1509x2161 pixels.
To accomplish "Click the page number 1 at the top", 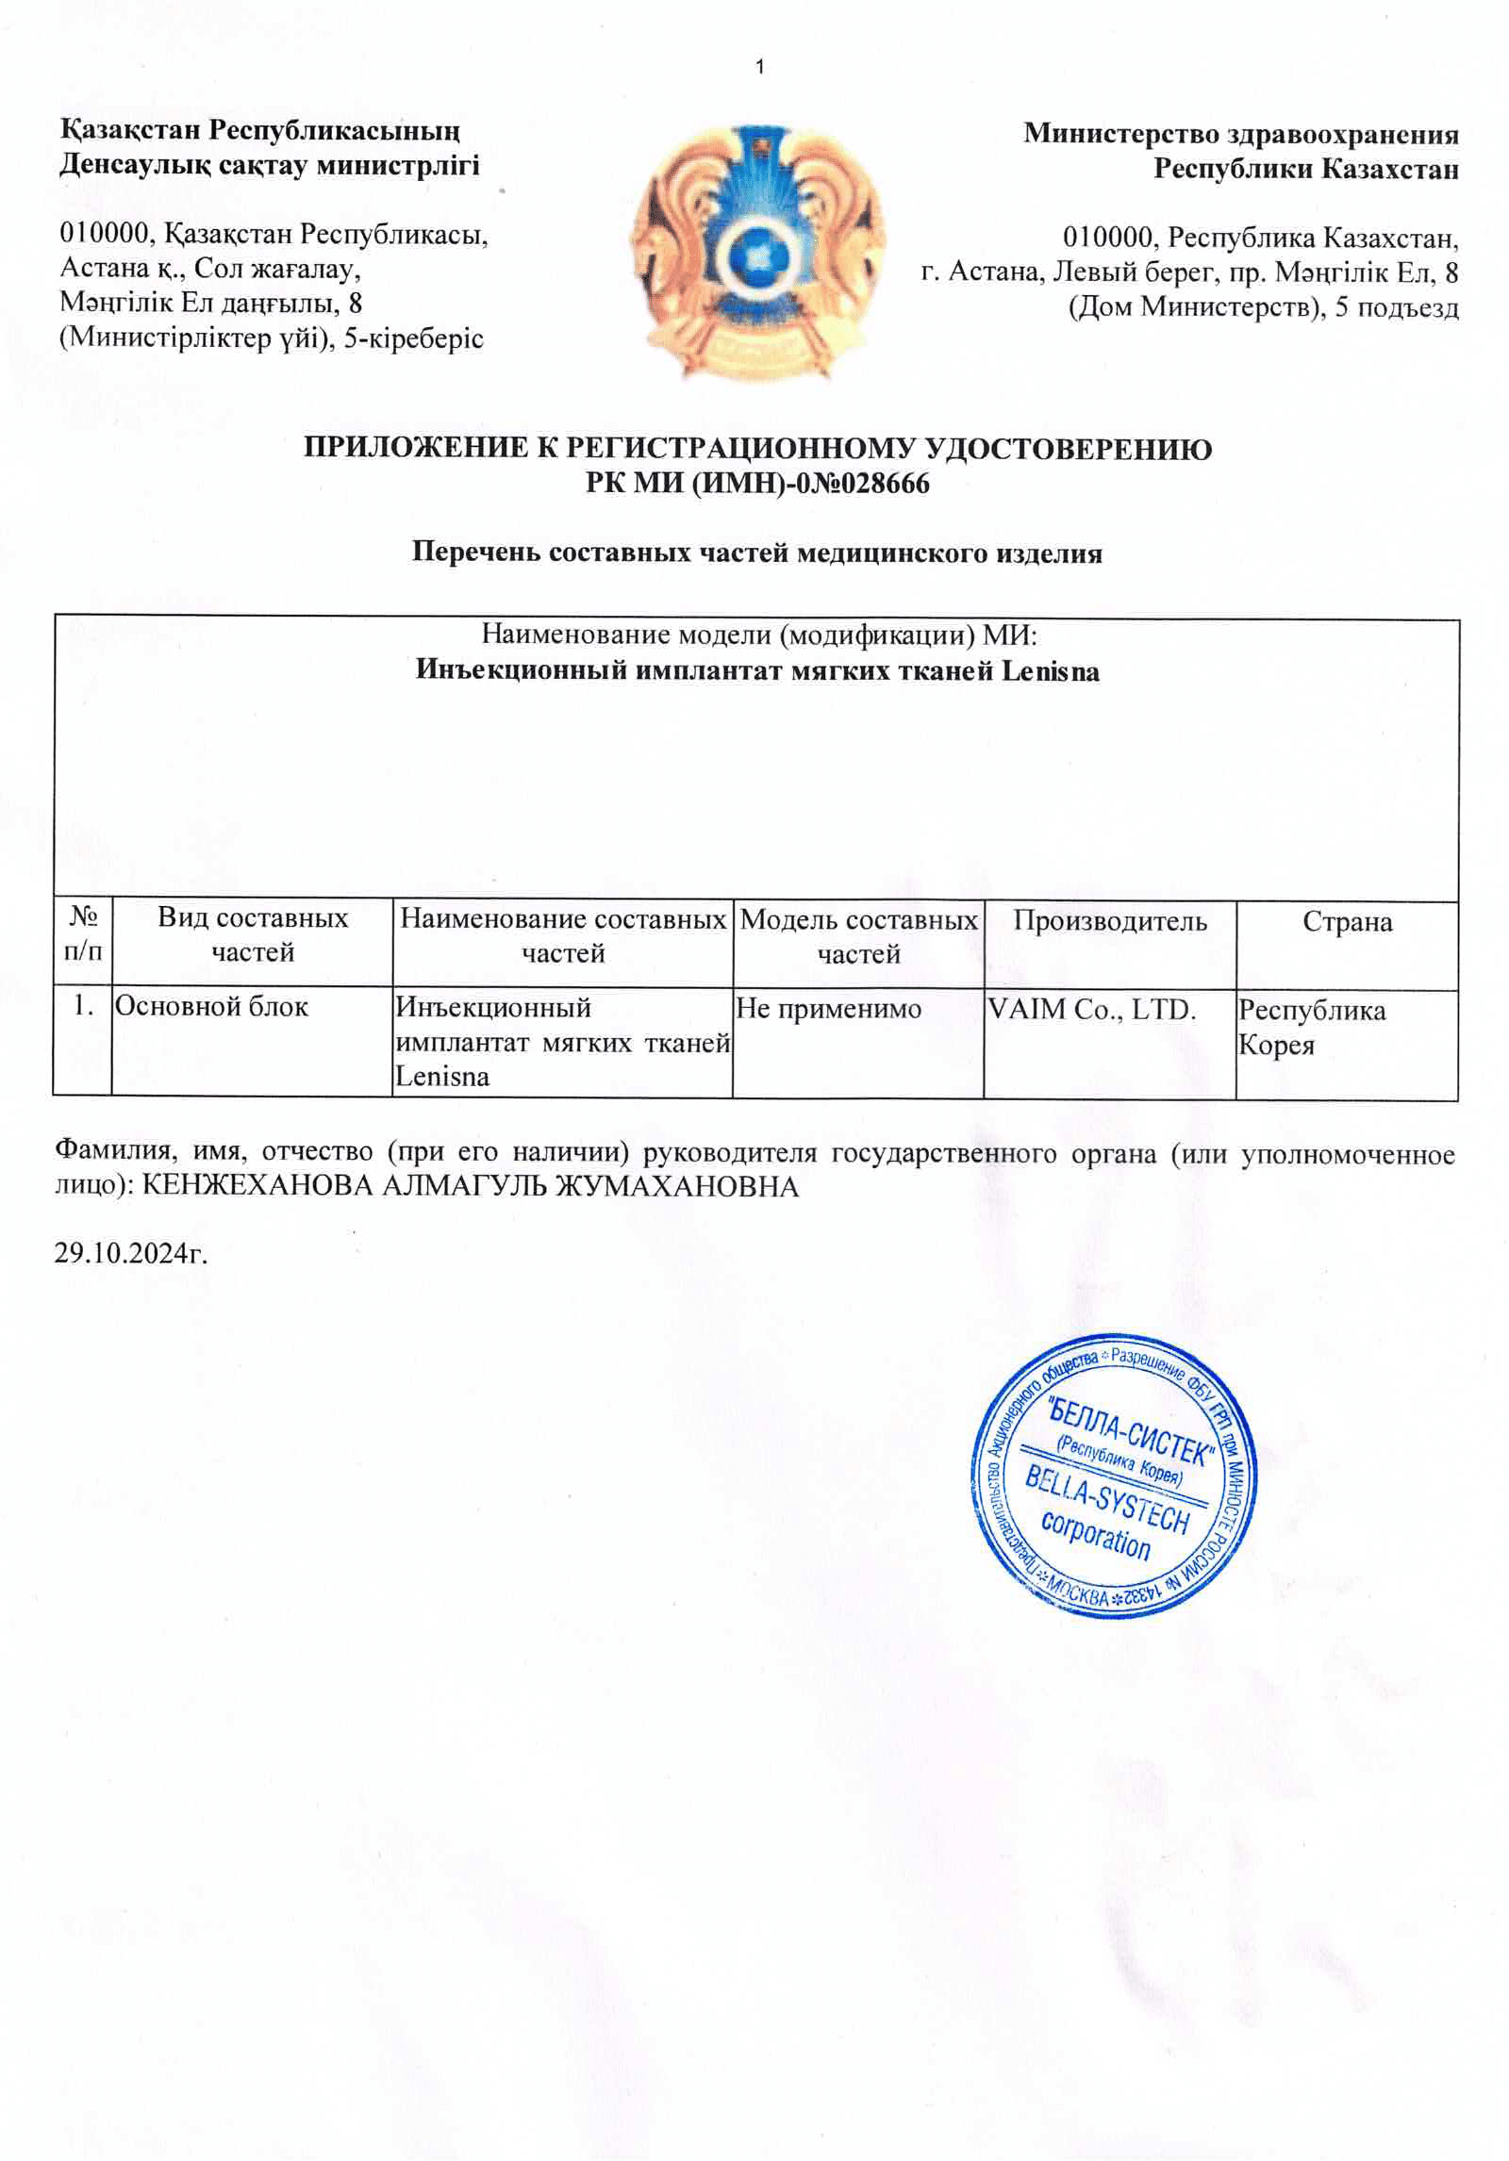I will pos(760,66).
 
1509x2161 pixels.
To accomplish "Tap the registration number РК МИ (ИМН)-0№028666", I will pos(757,484).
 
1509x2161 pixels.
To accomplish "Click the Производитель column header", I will pos(1110,921).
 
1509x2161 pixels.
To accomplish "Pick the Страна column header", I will pos(1347,921).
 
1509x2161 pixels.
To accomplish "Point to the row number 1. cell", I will pos(83,1006).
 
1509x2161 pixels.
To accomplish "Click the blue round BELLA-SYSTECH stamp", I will pos(1114,1475).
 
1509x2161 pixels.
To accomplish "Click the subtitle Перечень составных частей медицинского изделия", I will pos(756,553).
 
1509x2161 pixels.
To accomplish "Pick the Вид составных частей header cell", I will pos(253,934).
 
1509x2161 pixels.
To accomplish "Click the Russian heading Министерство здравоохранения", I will pos(1241,134).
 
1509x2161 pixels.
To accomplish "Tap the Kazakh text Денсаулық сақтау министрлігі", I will pos(270,165).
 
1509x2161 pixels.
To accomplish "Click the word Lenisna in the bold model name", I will pos(1049,671).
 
